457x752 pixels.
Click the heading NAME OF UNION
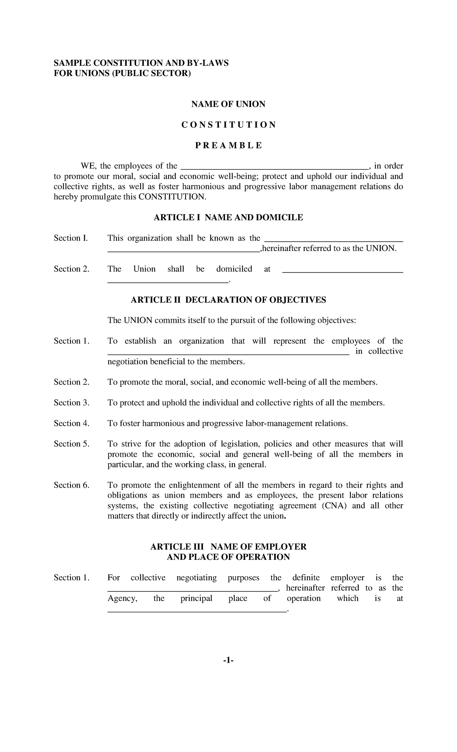228,104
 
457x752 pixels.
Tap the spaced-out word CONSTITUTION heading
228,125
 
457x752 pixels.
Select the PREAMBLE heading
228,145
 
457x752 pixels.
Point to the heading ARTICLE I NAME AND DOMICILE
228,217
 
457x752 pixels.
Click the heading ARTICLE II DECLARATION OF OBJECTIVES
228,300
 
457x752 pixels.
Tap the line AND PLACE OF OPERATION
228,557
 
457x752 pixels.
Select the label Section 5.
72,444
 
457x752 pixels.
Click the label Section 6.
72,485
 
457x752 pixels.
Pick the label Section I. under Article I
71,238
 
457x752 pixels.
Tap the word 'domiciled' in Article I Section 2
234,269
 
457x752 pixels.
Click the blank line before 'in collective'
228,353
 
